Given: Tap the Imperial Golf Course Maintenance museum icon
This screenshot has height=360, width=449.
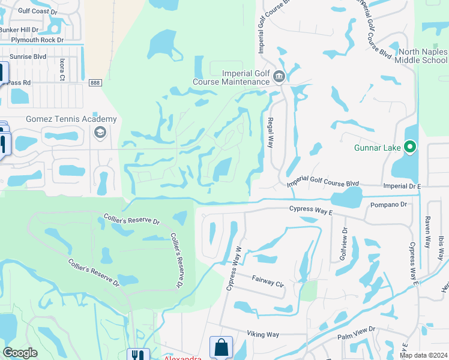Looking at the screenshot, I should [x=279, y=77].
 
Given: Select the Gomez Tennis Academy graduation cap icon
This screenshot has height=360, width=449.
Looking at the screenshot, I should [x=100, y=131].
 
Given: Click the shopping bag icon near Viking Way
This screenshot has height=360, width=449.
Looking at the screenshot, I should [x=221, y=347].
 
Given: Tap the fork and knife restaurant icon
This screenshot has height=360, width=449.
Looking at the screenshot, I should [x=138, y=355].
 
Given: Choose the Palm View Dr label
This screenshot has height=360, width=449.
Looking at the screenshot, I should [x=356, y=329].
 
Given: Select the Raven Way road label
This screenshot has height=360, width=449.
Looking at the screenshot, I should [x=428, y=232].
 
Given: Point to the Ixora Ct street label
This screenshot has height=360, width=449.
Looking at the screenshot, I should [x=62, y=69].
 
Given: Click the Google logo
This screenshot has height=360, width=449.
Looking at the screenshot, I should [x=20, y=352].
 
